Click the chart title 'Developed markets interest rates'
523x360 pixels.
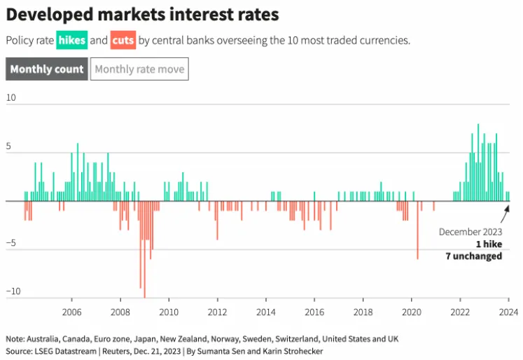(142, 15)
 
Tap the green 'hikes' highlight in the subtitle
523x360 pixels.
(71, 41)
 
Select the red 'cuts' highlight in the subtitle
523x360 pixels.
(123, 41)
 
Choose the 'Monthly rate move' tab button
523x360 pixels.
(139, 69)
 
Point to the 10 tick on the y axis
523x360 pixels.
(11, 97)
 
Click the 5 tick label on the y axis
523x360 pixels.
(11, 146)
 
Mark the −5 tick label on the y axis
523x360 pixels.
(11, 244)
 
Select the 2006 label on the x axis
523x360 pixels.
(71, 312)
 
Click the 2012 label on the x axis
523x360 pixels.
(217, 312)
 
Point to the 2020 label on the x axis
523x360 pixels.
(412, 312)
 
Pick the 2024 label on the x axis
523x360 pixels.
(508, 312)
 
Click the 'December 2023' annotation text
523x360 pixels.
(470, 232)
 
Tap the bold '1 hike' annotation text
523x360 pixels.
(488, 244)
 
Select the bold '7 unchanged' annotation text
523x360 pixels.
(474, 256)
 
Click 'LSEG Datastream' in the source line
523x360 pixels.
(64, 351)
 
